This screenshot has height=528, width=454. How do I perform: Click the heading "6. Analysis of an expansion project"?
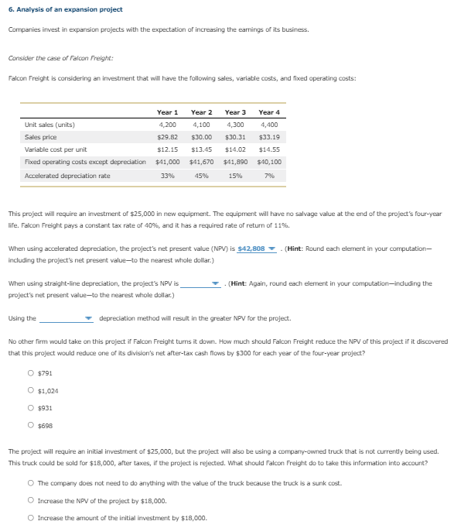point(65,9)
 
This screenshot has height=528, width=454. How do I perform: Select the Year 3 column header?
point(235,112)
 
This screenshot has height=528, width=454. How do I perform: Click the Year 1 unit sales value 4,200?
point(167,125)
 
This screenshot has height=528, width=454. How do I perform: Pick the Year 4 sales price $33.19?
point(268,136)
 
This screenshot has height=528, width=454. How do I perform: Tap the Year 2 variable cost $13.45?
point(201,149)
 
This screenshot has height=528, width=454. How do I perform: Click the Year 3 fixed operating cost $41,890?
point(235,162)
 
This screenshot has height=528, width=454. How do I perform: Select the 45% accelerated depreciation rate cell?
point(201,176)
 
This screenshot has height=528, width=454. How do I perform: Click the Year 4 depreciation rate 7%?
point(268,176)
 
